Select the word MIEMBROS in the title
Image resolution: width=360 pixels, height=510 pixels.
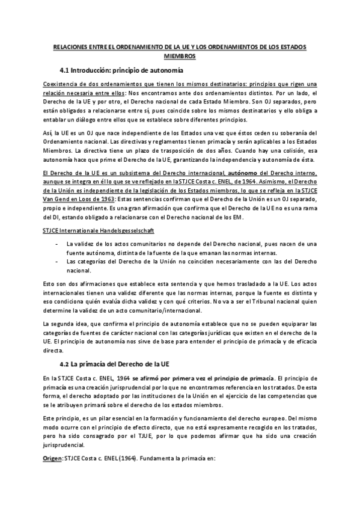point(180,56)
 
